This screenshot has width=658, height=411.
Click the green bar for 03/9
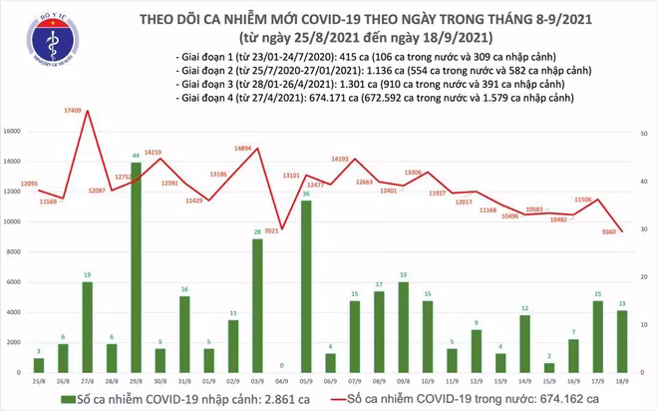tap(257, 306)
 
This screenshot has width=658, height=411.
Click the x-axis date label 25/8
tap(38, 381)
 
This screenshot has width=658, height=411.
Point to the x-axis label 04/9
tap(282, 381)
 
